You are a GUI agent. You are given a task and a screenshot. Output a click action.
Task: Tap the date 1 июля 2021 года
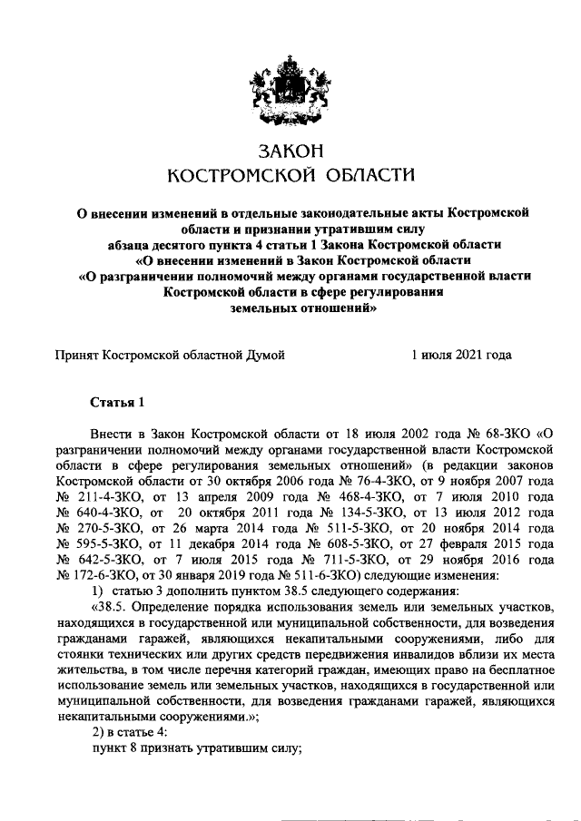pos(461,355)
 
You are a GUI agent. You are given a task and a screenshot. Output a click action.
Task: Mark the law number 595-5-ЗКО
pos(111,543)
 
